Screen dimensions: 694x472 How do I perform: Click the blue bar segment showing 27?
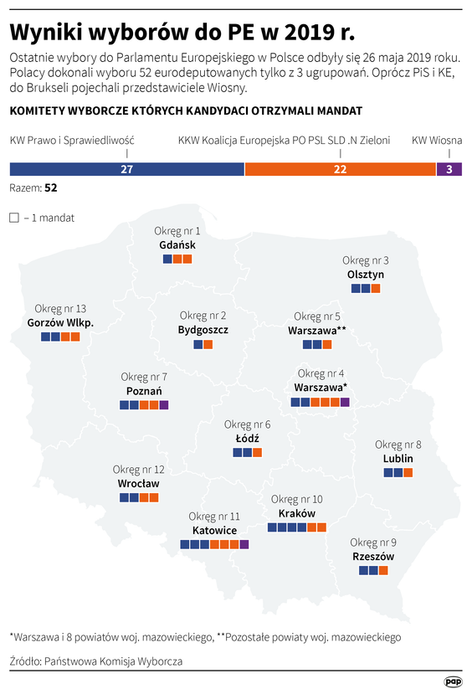[x=126, y=169]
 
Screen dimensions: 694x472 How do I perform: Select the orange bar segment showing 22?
[x=340, y=169]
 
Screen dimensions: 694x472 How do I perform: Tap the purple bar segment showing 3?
[x=449, y=169]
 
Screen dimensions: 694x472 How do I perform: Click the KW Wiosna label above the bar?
[x=437, y=141]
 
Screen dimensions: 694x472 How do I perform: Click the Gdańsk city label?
[x=177, y=245]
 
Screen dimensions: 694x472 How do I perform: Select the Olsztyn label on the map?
[x=365, y=274]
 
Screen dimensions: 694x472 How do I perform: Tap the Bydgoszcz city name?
[x=203, y=330]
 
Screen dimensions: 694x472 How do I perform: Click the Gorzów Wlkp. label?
[x=60, y=322]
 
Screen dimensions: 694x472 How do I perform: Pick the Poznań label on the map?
[x=143, y=391]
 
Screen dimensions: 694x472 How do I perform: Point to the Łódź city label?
[x=247, y=438]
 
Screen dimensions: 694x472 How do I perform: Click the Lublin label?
[x=398, y=459]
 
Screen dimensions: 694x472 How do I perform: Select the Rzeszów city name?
[x=373, y=557]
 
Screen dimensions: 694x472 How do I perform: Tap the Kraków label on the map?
[x=296, y=513]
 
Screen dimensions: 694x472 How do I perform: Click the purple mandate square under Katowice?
[x=244, y=544]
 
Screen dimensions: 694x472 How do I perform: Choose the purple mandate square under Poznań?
[x=164, y=405]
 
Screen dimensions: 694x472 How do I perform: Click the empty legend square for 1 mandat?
[x=13, y=218]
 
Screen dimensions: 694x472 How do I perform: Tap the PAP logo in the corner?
[x=453, y=681]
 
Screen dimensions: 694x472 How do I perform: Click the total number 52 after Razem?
[x=51, y=188]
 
